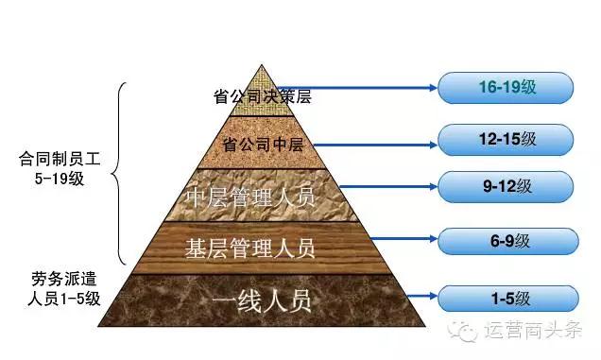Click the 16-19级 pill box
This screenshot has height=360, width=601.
click(x=506, y=88)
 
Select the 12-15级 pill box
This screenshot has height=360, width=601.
click(x=506, y=139)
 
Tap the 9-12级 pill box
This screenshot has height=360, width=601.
click(x=506, y=187)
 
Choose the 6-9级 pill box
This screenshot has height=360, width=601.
click(x=506, y=243)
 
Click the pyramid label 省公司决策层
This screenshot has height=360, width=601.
click(x=263, y=95)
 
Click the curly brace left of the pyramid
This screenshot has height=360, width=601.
click(x=119, y=172)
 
